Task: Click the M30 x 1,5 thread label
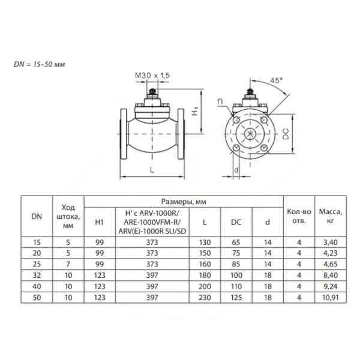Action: pos(152,76)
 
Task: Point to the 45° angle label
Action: pos(276,80)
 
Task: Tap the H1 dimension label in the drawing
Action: pos(195,111)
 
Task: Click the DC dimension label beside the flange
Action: pos(286,134)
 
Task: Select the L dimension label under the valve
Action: pos(152,170)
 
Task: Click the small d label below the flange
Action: pos(236,170)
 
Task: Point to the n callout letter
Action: pos(220,101)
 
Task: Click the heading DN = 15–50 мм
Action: pos(39,64)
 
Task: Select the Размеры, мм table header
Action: pos(184,202)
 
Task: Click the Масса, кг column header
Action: pos(331,216)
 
